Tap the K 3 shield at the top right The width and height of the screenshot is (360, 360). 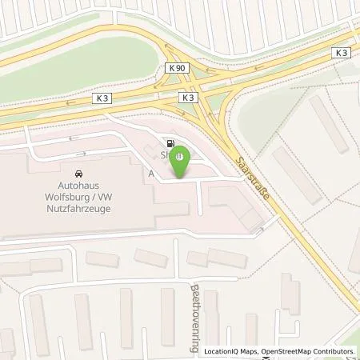[342, 53]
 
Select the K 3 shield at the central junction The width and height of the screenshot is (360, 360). [187, 97]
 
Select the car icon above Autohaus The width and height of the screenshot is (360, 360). [78, 173]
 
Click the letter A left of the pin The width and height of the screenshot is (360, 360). [150, 172]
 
